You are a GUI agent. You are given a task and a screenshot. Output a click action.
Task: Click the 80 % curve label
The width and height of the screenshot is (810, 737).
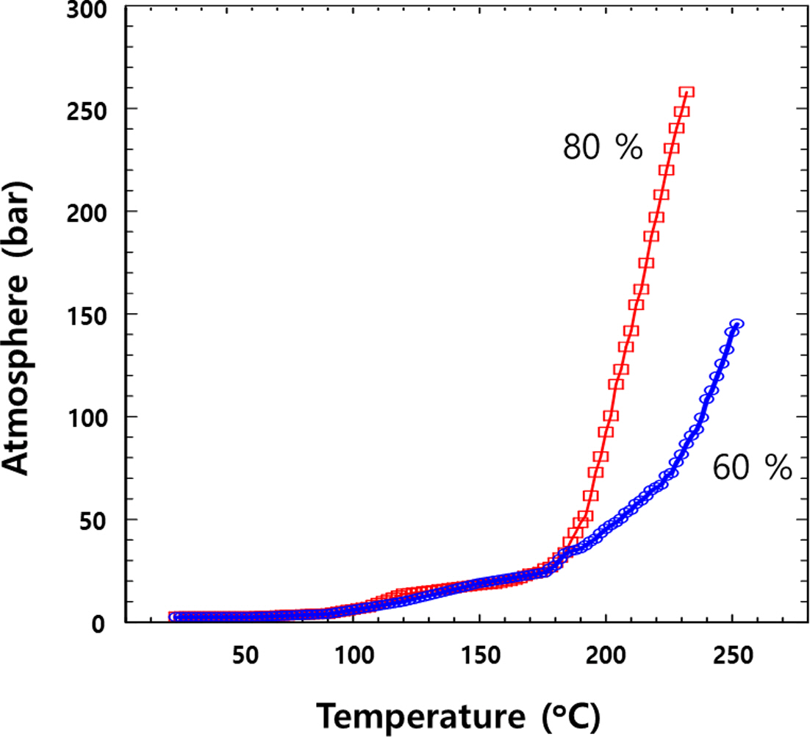[603, 148]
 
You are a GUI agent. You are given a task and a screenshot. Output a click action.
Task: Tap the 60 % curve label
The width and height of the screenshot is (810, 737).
[752, 468]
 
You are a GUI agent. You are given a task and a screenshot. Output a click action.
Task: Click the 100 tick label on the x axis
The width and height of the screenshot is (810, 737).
[353, 655]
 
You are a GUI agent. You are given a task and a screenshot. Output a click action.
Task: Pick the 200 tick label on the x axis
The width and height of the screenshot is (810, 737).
[606, 655]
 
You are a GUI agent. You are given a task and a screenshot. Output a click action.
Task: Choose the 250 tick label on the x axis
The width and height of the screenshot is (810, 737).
[732, 655]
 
